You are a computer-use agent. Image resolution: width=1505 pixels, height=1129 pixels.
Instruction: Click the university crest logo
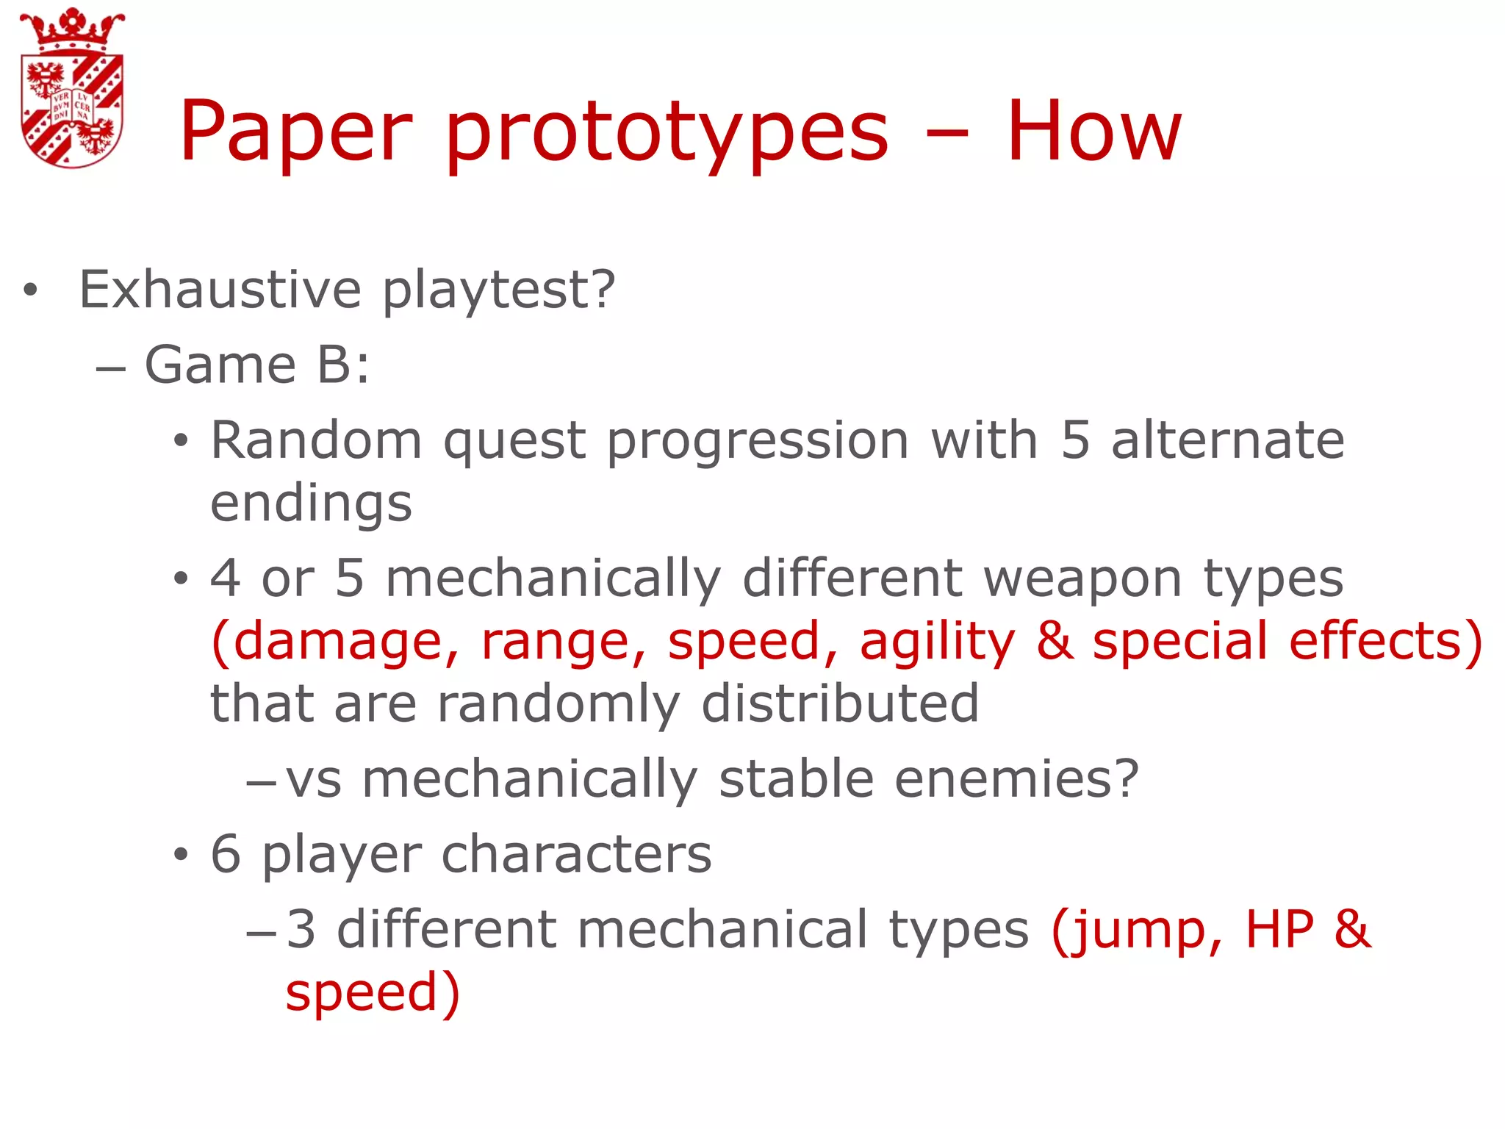click(72, 88)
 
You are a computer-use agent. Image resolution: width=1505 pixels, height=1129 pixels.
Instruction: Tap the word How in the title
click(1093, 132)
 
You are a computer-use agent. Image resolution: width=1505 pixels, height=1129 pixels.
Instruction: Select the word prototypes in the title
click(667, 136)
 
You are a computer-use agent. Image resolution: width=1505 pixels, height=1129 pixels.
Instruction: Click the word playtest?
click(498, 290)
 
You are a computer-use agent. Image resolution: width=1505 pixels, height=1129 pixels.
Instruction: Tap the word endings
click(311, 504)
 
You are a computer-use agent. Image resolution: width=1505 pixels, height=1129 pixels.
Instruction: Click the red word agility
click(937, 642)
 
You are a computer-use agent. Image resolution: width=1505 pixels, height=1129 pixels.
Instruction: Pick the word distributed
click(840, 703)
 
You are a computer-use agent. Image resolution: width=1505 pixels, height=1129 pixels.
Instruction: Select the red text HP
click(1279, 930)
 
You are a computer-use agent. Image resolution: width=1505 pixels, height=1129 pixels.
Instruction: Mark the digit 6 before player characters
click(226, 854)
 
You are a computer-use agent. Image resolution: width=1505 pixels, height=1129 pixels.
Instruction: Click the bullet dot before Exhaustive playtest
click(29, 290)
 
